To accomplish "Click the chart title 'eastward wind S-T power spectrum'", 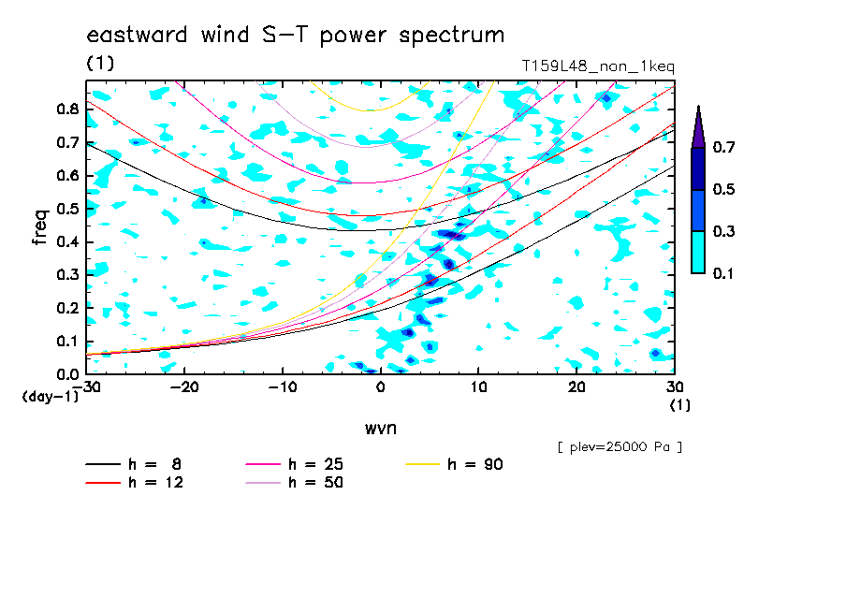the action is [x=296, y=36].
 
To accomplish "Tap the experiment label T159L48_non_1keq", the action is [x=598, y=66].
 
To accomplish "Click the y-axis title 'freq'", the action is [x=40, y=227].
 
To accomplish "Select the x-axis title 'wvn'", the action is [x=381, y=429].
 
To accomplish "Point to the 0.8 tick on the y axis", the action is [x=68, y=109].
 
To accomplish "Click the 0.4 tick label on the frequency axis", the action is [x=68, y=241].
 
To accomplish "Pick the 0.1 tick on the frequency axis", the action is [x=68, y=342].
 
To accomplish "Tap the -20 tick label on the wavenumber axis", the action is [x=184, y=387].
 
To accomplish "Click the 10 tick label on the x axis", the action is [x=478, y=387].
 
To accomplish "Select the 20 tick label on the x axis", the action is [x=576, y=387].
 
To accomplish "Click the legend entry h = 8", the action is [x=133, y=464].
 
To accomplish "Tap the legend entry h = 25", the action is [x=294, y=464].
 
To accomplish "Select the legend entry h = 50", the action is [x=294, y=483].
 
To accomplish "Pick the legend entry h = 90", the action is [x=454, y=464].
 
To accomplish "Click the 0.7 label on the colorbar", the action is [x=723, y=147].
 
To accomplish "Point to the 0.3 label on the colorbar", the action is [x=723, y=231].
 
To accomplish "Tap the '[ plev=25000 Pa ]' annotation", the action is [x=620, y=447].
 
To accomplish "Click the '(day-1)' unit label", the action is [x=51, y=397].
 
